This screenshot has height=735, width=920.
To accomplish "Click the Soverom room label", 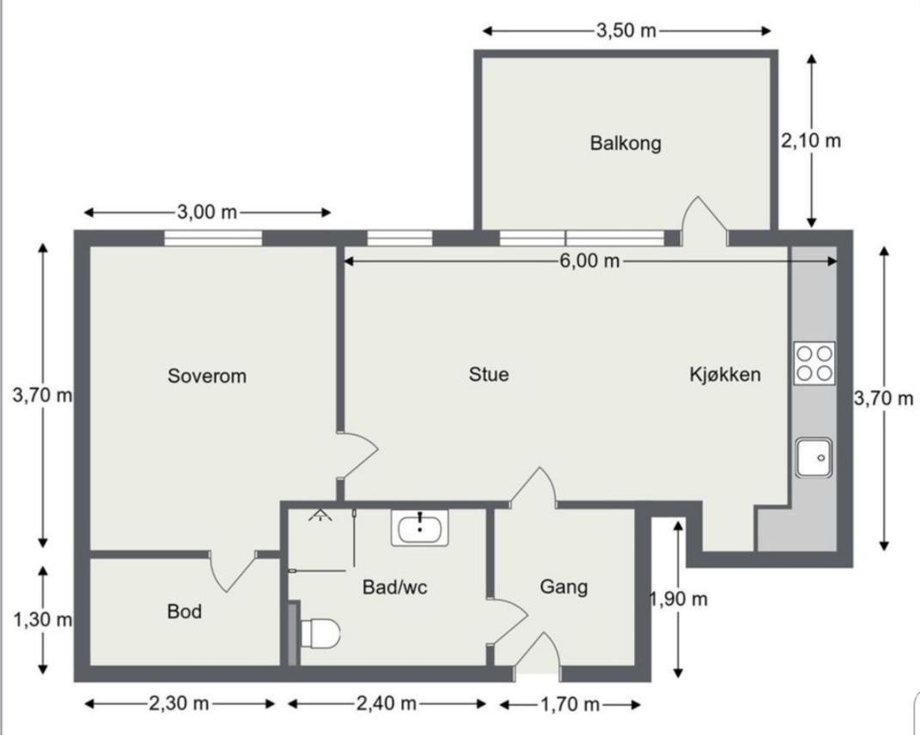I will coord(207,376).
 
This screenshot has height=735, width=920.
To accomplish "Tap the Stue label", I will coord(489,374).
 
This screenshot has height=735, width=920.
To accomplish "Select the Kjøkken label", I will coord(725,374).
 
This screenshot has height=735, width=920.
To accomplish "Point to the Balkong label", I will coord(625,143).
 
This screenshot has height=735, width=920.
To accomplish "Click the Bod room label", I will coord(185,611).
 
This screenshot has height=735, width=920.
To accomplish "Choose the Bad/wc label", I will coord(395,587).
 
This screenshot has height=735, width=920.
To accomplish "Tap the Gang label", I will coord(564,586).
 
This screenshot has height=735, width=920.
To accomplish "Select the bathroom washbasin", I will coord(419,527).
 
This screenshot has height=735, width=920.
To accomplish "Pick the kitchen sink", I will coord(813,457).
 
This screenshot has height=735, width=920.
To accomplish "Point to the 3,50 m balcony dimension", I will coord(626,31).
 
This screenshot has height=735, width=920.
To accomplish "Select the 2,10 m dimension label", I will coord(811,141).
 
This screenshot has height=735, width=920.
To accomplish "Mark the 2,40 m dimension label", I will coord(387,704).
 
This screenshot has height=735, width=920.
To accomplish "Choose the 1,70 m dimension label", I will coord(570,705).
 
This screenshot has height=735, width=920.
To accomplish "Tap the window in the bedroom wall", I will coord(213,238).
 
